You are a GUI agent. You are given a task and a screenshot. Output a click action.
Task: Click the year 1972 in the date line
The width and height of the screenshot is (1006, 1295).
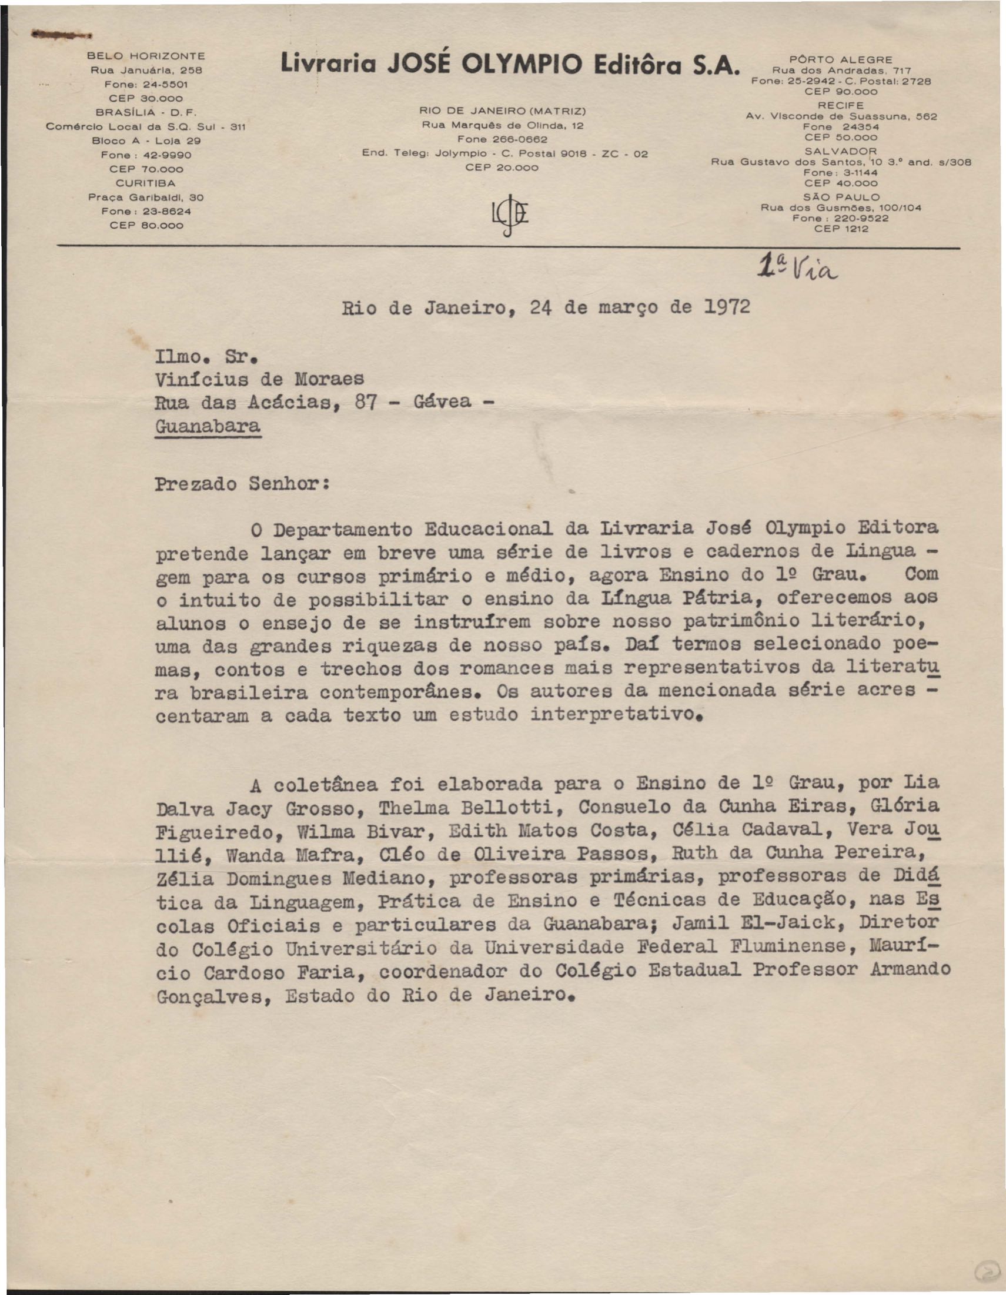727,307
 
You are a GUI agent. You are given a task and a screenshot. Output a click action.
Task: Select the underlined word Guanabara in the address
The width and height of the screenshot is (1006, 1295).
208,426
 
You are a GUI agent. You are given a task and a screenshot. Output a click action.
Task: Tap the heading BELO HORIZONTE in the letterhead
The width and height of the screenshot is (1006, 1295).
146,56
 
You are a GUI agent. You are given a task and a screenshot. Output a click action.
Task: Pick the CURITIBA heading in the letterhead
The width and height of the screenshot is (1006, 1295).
146,183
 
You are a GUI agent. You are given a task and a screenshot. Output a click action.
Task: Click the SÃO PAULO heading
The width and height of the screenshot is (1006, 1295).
841,197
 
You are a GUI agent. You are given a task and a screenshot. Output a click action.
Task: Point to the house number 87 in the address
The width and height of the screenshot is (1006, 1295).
365,402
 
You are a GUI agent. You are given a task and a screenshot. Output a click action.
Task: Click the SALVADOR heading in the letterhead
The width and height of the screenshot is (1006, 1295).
841,151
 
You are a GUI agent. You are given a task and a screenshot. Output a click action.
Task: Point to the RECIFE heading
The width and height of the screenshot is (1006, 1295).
841,106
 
